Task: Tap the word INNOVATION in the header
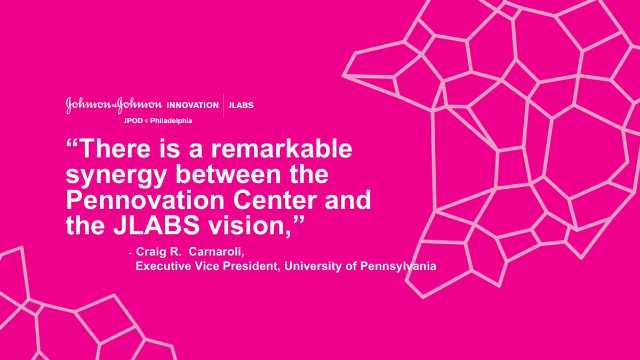[x=193, y=105]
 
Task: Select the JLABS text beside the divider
[x=241, y=105]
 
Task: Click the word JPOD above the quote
[x=134, y=121]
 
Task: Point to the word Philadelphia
[x=172, y=121]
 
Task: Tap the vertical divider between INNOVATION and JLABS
[x=223, y=105]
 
